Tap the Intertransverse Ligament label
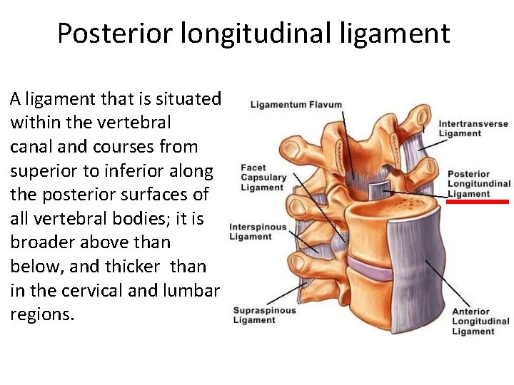point(473,128)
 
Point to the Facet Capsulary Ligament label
point(263,178)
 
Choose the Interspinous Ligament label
point(258,232)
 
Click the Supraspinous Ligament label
point(263,315)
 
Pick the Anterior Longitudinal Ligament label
point(473,322)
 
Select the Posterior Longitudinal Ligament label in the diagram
point(478,184)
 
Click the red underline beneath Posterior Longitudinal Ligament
point(478,202)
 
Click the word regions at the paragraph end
point(41,314)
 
